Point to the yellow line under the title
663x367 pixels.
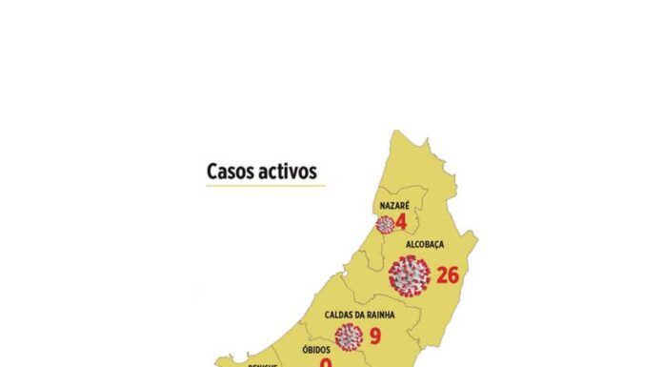266,186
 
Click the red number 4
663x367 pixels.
401,224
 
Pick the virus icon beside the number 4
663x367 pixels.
385,225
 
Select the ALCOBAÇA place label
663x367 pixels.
425,245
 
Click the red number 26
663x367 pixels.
448,275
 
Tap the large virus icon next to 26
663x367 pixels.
410,275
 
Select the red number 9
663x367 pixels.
375,336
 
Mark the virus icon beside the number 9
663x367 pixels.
350,336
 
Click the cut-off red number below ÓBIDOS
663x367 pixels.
326,363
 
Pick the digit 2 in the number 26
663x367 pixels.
442,275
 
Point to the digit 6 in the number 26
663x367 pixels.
454,275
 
